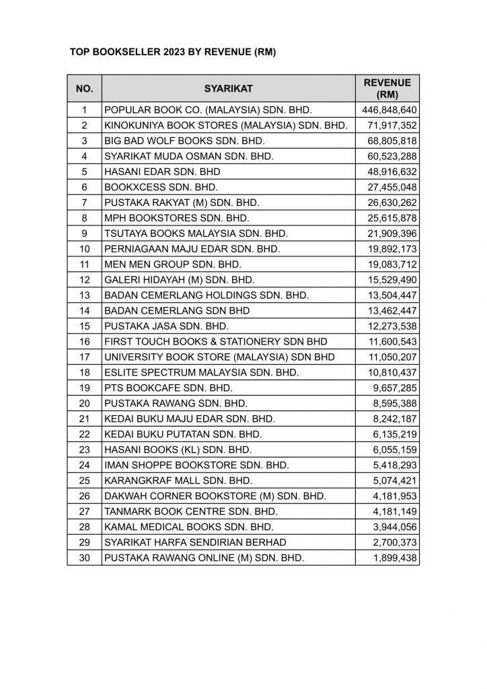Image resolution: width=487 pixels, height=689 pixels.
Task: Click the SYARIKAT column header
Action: [x=228, y=88]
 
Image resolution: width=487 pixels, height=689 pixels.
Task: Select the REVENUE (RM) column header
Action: [x=387, y=88]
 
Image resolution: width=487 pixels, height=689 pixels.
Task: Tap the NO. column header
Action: [x=84, y=88]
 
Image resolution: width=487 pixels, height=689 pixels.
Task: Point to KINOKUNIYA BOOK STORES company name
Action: [x=225, y=125]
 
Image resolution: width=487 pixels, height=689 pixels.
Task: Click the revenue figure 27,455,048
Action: [x=393, y=187]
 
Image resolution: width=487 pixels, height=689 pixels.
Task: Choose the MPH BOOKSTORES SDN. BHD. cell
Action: [x=177, y=218]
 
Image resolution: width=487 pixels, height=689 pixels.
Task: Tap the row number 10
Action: [x=84, y=249]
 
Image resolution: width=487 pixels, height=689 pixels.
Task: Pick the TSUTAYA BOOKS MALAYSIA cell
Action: [x=196, y=233]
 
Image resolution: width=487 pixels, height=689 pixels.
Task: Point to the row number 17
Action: [x=84, y=357]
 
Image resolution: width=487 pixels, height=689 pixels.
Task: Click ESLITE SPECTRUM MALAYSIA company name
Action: [x=201, y=372]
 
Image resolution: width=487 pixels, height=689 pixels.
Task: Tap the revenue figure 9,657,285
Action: [x=396, y=388]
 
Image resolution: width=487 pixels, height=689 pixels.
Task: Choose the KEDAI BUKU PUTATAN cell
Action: [x=183, y=434]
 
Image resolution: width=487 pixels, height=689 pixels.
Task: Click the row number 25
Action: [x=84, y=480]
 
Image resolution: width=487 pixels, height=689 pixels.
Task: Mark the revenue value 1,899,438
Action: [x=396, y=558]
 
